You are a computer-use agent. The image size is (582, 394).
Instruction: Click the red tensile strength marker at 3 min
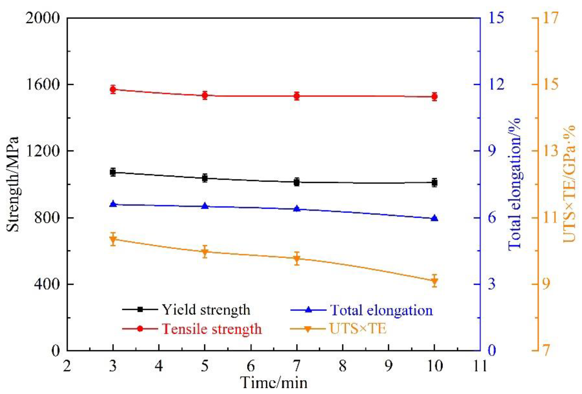(113, 89)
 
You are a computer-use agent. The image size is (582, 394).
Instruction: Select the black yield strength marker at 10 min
(434, 183)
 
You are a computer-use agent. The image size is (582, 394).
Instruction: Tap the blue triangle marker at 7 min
(297, 209)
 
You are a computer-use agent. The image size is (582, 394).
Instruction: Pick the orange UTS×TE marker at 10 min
(434, 281)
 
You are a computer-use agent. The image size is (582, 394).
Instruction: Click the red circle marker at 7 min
(297, 96)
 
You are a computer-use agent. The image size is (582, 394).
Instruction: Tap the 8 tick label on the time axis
(342, 366)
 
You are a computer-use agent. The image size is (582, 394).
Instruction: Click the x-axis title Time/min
(274, 383)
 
